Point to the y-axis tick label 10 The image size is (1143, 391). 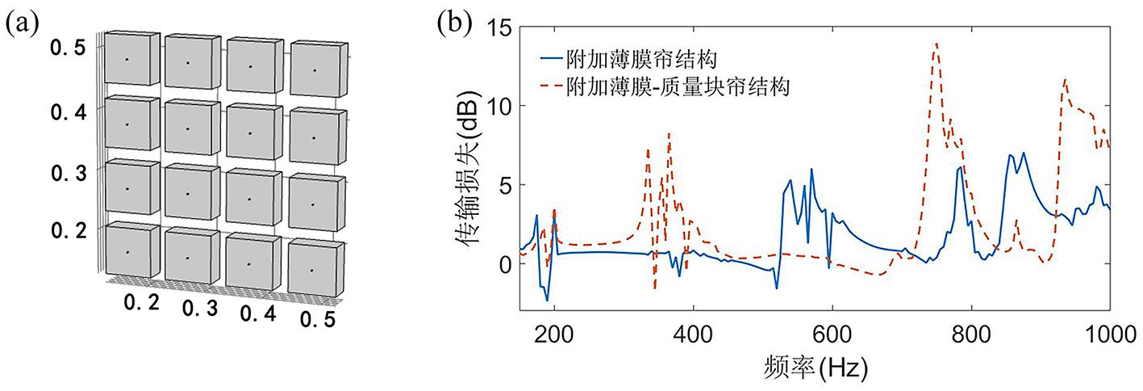pyautogui.click(x=494, y=106)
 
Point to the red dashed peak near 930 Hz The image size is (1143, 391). pyautogui.click(x=1066, y=80)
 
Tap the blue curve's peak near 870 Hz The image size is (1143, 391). pyautogui.click(x=1024, y=153)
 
